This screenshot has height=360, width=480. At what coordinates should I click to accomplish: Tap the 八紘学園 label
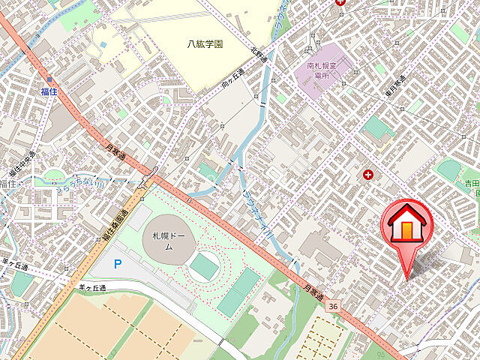205,44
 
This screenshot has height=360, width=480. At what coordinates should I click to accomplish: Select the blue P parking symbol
116,263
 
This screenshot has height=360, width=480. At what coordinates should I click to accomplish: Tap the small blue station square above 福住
49,78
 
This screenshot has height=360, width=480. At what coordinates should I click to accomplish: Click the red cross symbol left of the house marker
367,175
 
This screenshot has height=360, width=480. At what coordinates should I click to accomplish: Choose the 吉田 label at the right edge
471,183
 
